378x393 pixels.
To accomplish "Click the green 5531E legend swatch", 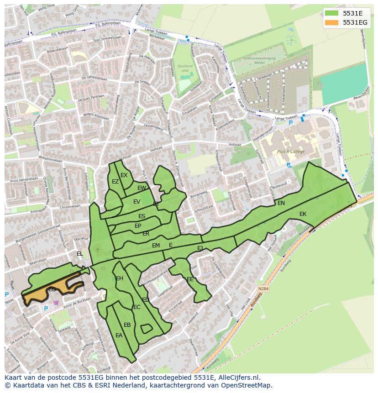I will click(x=332, y=13).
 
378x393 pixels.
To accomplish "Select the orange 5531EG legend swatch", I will click(x=332, y=22).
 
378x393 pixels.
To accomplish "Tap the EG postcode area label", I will click(x=52, y=289).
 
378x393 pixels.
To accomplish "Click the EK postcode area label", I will click(x=303, y=214).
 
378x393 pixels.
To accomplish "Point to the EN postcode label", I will click(x=281, y=203).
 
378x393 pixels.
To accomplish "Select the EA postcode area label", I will click(x=119, y=335).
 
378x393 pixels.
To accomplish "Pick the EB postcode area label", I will click(x=127, y=325).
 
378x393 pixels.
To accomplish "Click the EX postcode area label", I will click(x=124, y=175).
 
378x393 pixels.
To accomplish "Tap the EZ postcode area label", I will click(x=115, y=182).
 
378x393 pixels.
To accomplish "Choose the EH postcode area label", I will click(x=120, y=278).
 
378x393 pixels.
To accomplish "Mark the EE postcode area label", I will click(x=190, y=279).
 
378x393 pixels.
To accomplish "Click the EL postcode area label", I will click(x=80, y=254).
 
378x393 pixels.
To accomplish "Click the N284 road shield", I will click(x=263, y=289).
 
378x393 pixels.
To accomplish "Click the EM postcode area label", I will click(x=156, y=246).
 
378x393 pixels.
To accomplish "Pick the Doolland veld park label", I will click(x=185, y=68).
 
